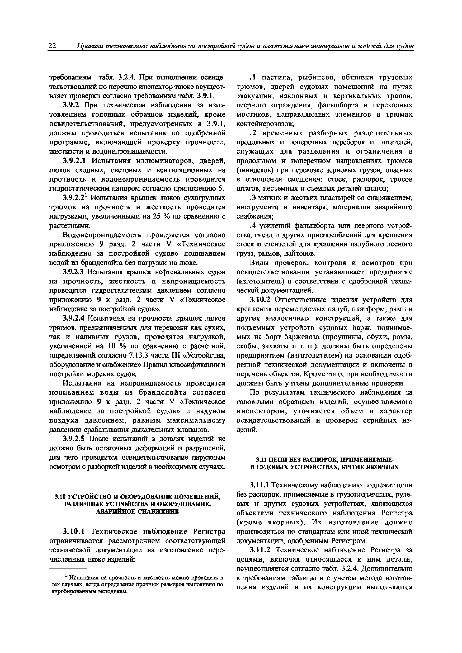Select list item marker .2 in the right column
(253, 133)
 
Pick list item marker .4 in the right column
(253, 226)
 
